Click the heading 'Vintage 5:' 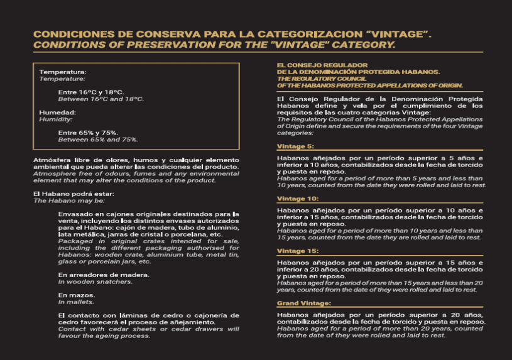point(295,146)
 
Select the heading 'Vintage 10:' point(297,198)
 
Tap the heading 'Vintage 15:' point(297,251)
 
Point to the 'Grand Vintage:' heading point(303,303)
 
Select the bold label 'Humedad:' point(58,112)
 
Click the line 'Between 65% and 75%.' point(98,139)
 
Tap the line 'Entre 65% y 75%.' point(88,133)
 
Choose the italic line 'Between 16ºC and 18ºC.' point(101,99)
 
